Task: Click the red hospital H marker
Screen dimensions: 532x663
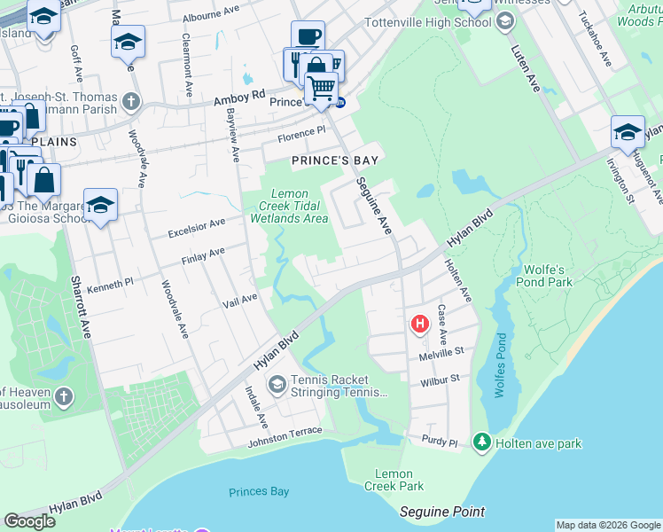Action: pyautogui.click(x=418, y=325)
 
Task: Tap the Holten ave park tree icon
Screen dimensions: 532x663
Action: pyautogui.click(x=481, y=441)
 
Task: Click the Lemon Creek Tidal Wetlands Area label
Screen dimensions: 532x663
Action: pyautogui.click(x=289, y=206)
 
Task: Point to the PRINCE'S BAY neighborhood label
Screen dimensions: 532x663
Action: pyautogui.click(x=336, y=160)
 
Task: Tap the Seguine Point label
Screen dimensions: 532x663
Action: pyautogui.click(x=442, y=512)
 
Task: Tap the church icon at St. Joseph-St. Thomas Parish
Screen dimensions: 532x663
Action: pyautogui.click(x=132, y=100)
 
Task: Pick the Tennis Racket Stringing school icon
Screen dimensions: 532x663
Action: pyautogui.click(x=277, y=383)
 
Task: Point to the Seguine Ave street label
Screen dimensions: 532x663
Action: pyautogui.click(x=373, y=205)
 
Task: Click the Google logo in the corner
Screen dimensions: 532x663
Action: pyautogui.click(x=29, y=521)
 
